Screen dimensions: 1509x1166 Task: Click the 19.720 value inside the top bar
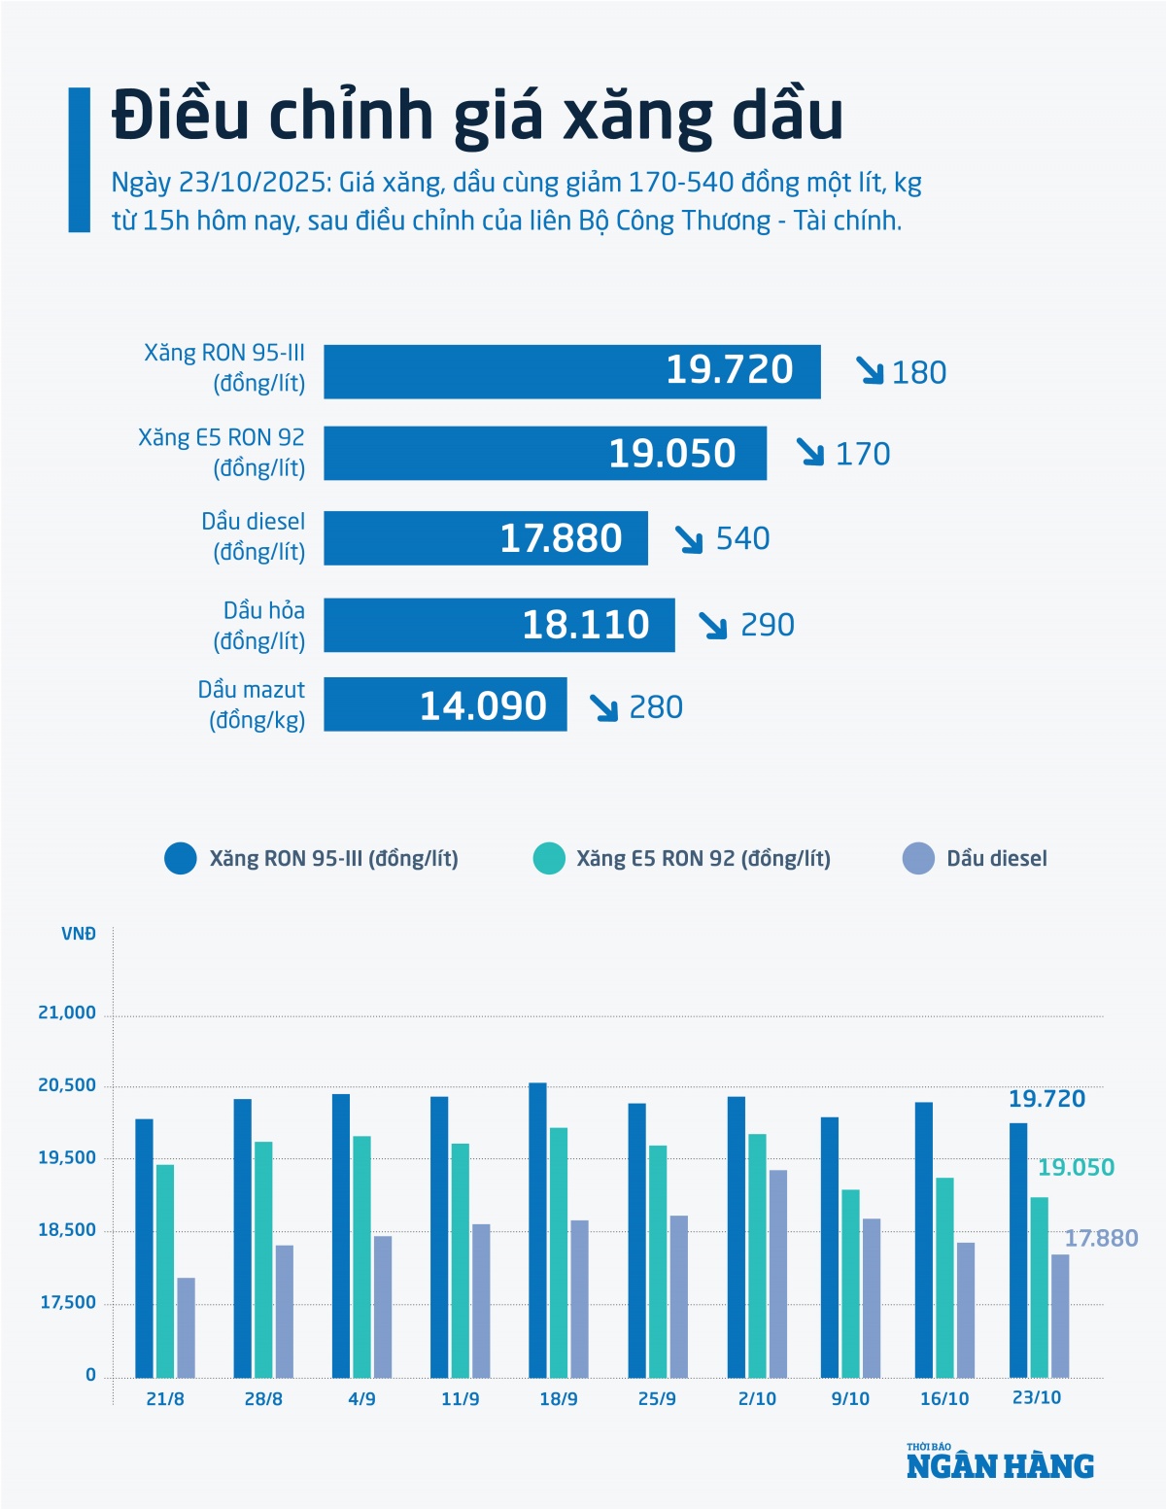(729, 370)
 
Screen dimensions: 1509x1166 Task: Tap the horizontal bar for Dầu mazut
(445, 704)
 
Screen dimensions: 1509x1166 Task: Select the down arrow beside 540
(689, 539)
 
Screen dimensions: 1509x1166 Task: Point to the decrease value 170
(863, 454)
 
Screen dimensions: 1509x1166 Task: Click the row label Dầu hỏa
(263, 610)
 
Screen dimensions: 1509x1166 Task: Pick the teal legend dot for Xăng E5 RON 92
(549, 859)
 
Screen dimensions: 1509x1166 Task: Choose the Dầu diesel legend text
(997, 859)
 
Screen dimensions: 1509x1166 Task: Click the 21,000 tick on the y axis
(67, 1012)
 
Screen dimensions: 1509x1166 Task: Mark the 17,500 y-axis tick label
(68, 1303)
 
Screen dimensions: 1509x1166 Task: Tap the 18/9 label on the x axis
(559, 1399)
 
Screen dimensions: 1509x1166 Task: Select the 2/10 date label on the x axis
(757, 1399)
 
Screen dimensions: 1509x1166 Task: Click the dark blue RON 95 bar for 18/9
(537, 1229)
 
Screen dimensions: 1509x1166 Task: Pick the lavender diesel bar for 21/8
(186, 1327)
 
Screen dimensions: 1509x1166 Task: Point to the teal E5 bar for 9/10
(850, 1283)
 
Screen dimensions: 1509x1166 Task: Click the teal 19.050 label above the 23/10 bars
(1076, 1168)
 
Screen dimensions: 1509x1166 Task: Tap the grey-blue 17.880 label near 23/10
(1101, 1238)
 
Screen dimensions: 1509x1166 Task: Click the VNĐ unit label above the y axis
(79, 935)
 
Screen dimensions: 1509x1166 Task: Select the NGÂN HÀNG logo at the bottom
(1000, 1464)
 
